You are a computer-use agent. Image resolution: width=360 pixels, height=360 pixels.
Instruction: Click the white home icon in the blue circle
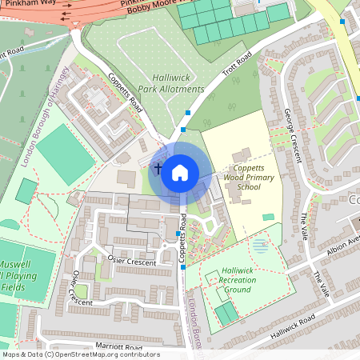pos(180,171)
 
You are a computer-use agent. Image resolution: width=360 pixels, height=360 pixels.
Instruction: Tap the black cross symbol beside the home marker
pos(158,169)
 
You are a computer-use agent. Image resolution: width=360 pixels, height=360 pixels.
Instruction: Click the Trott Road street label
pos(237,67)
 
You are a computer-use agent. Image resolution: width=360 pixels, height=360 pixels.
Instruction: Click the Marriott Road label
pos(118,346)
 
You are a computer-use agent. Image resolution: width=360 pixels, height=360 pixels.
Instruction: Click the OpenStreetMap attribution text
pos(80,354)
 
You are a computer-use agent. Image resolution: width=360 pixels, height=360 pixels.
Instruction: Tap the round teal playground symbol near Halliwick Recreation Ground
pos(259,246)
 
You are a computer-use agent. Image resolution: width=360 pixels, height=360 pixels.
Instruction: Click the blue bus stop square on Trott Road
pos(188,113)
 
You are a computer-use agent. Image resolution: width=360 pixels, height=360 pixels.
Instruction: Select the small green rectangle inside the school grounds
pos(267,217)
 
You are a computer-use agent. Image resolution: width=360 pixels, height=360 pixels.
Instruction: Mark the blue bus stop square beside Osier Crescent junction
pos(178,234)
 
